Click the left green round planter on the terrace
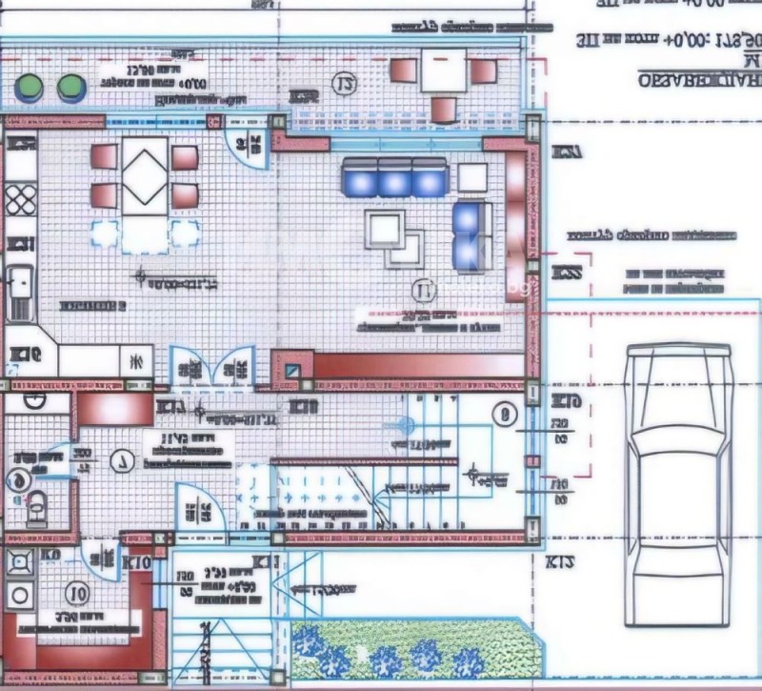(x=30, y=88)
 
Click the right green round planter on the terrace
(x=69, y=88)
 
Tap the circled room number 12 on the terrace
(x=344, y=86)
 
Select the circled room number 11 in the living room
(x=424, y=290)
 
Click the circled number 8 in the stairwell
(x=506, y=415)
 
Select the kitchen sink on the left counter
(x=19, y=288)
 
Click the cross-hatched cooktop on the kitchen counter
(x=20, y=202)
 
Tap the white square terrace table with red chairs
(x=443, y=71)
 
